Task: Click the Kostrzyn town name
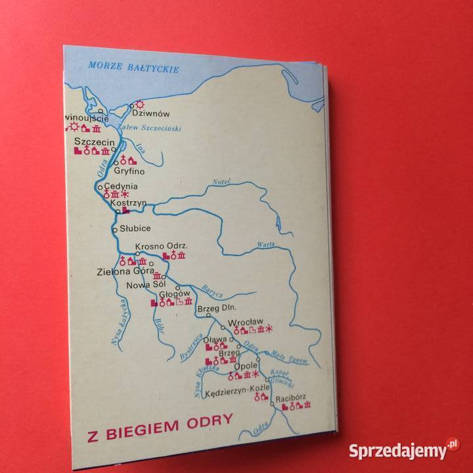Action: (x=127, y=204)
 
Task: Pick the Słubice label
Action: (x=135, y=228)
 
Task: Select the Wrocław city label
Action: (x=244, y=323)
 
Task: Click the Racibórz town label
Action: (x=292, y=397)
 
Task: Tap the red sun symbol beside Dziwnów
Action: (x=139, y=104)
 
